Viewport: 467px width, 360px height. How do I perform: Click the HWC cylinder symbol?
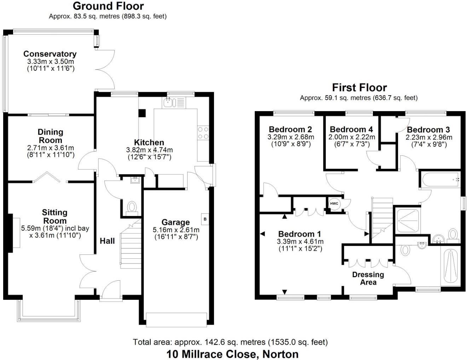tap(334, 204)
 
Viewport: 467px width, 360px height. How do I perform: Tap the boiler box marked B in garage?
tap(205, 219)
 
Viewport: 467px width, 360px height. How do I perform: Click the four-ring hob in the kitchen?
tap(203, 133)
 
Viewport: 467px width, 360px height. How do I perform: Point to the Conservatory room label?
tap(50, 54)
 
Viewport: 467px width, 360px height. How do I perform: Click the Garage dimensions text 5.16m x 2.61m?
tap(176, 230)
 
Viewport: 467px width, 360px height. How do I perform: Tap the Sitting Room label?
tap(54, 216)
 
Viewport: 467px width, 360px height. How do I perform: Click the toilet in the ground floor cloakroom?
tap(132, 207)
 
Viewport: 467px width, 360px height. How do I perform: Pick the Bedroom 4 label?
tap(351, 130)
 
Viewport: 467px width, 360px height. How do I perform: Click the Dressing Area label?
tap(368, 278)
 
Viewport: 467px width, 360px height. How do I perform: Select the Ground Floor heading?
tap(108, 6)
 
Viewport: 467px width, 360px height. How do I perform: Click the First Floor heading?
tap(359, 87)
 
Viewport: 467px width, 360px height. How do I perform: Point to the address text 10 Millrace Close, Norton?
tap(232, 354)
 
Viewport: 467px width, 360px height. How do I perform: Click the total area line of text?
tap(230, 342)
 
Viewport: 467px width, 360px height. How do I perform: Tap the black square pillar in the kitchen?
tap(142, 113)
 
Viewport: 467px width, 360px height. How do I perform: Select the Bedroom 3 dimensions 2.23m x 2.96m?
tap(429, 137)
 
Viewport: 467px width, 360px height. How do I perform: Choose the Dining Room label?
tap(51, 136)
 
